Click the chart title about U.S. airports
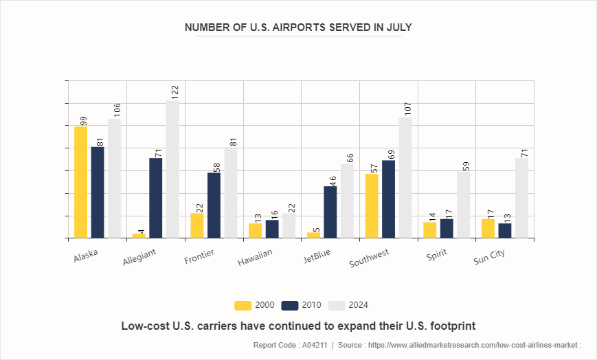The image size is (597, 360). point(298,27)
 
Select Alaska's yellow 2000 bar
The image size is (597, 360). point(81,182)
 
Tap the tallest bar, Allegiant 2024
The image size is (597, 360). point(172,170)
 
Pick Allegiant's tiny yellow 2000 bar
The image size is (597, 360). point(139,236)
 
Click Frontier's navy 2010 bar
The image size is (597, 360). point(214,205)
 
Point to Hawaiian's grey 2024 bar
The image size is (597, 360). point(289,226)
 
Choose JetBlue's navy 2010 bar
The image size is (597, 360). point(330,212)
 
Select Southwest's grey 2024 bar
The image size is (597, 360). point(405,178)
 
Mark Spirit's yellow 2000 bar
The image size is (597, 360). point(430,230)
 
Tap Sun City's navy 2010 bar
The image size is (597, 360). point(505,231)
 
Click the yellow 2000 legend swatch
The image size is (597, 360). point(243,305)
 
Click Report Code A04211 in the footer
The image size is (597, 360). point(292,345)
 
